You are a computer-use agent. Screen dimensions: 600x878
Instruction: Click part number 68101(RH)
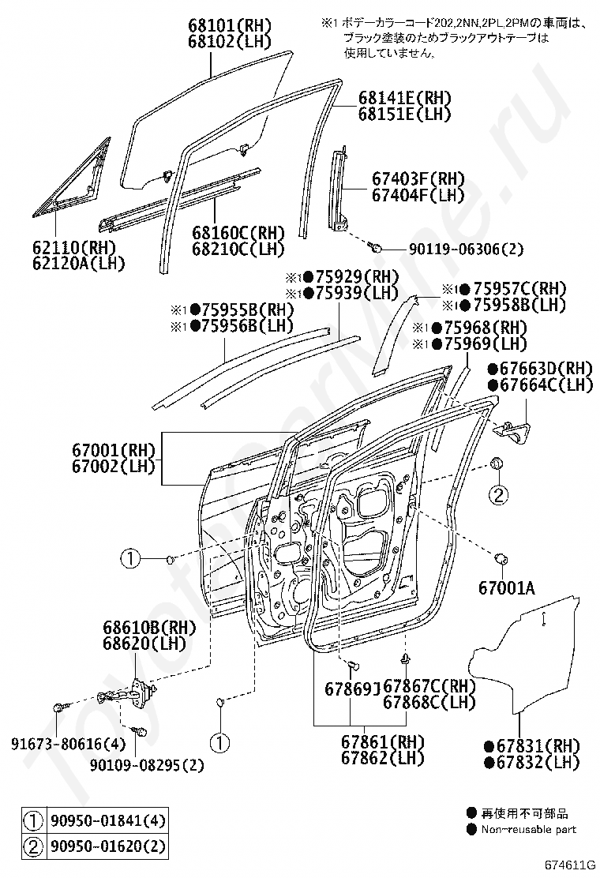pos(230,25)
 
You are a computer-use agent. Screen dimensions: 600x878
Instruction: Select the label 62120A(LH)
pos(78,263)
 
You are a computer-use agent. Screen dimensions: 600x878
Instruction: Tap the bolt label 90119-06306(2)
pos(459,249)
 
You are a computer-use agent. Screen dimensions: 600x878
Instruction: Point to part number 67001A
pos(506,588)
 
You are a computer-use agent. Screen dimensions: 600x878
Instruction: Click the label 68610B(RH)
pos(149,628)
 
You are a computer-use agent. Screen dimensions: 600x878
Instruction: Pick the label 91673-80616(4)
pos(68,744)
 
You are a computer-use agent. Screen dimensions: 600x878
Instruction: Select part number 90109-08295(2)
pos(147,765)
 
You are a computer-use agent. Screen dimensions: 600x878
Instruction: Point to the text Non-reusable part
pos(528,829)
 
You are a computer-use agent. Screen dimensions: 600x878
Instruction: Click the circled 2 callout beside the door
pos(499,494)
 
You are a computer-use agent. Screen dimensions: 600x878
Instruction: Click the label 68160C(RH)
pos(238,232)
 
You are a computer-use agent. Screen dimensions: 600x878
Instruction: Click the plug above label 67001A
pos(501,558)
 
